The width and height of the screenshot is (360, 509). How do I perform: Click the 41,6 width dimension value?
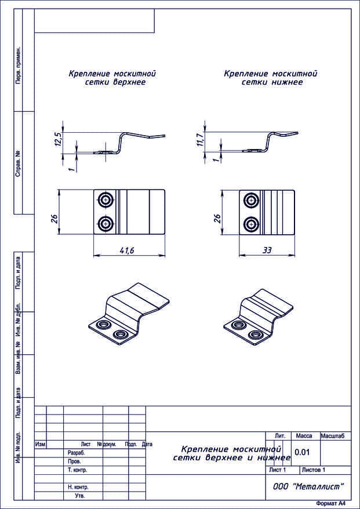(x=128, y=250)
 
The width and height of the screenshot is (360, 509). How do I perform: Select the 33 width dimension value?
(x=267, y=250)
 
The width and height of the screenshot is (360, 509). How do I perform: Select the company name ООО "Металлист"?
(x=308, y=486)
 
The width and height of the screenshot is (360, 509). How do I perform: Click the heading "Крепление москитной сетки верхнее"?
(x=112, y=78)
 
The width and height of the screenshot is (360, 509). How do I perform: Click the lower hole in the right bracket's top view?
(x=251, y=223)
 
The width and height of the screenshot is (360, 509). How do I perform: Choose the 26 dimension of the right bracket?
(x=217, y=219)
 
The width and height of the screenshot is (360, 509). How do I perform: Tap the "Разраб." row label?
(x=77, y=453)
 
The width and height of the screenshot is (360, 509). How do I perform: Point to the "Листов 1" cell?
(x=313, y=470)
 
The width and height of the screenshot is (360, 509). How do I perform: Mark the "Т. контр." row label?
(x=78, y=470)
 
